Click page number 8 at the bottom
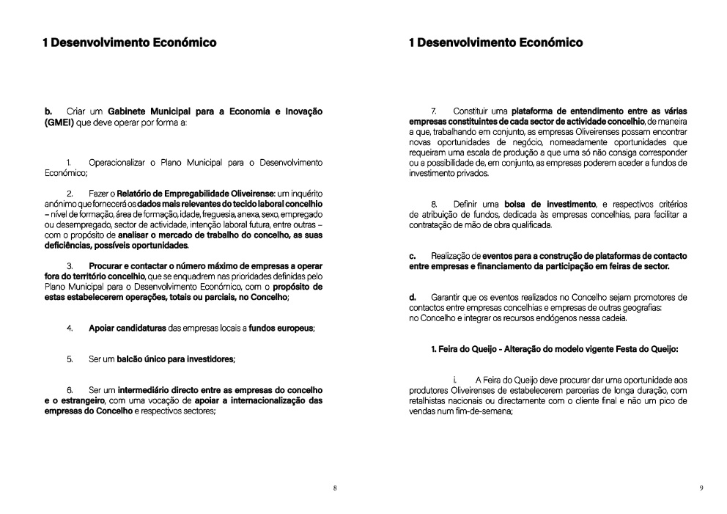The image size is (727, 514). (335, 488)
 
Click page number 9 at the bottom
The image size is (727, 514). (701, 488)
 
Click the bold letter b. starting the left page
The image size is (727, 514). (48, 111)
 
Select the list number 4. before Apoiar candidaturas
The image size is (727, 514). (70, 328)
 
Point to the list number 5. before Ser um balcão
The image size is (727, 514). (70, 359)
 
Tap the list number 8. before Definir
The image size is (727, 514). (435, 203)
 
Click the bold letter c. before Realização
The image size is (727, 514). (413, 256)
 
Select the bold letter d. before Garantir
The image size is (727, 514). (413, 298)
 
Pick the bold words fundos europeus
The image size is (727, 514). (281, 328)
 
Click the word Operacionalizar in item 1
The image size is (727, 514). (122, 161)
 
